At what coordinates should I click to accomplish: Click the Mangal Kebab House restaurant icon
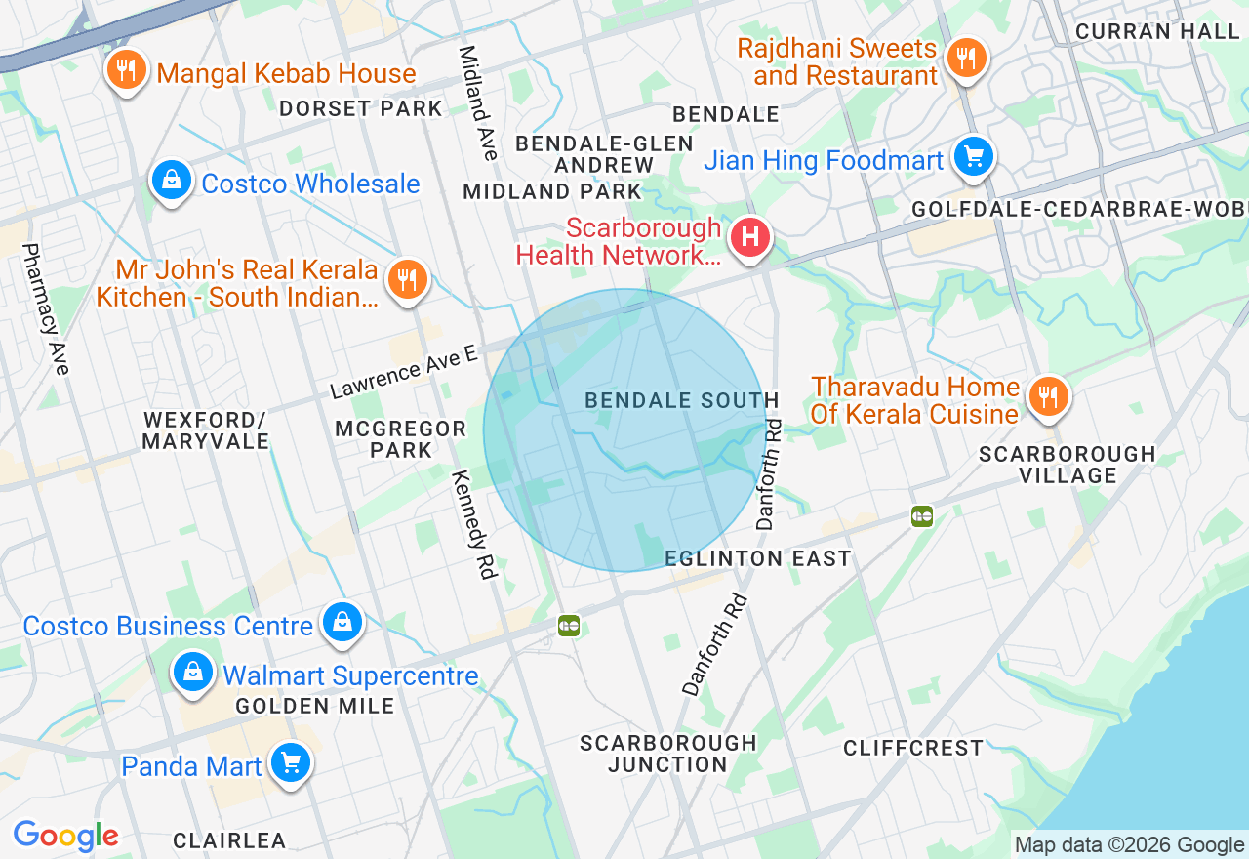click(x=126, y=70)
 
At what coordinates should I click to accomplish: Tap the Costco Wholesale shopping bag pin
click(x=172, y=181)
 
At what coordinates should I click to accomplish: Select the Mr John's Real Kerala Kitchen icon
click(x=407, y=280)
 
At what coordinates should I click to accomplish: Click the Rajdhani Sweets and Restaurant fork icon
click(x=965, y=58)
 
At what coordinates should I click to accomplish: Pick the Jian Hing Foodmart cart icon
click(x=973, y=156)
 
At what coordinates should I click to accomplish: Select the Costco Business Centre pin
click(x=342, y=622)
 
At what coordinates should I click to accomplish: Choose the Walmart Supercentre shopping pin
click(x=194, y=673)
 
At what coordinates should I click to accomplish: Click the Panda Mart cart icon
click(x=290, y=763)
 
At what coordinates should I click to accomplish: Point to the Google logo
click(x=65, y=837)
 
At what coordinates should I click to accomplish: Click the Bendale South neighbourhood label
click(x=681, y=400)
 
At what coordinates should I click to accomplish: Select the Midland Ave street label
click(x=478, y=102)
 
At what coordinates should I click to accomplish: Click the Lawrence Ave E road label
click(x=403, y=372)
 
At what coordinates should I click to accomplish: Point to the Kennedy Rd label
click(x=474, y=525)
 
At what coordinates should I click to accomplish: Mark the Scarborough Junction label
click(x=668, y=754)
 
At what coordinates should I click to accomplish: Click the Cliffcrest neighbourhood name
click(x=913, y=748)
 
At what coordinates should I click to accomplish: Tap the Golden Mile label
click(x=314, y=706)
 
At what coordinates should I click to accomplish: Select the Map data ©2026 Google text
click(x=1129, y=845)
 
